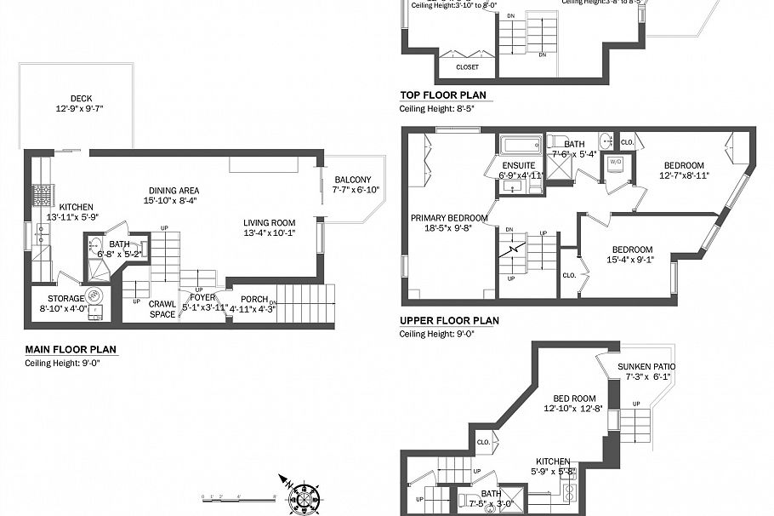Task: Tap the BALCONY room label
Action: pyautogui.click(x=352, y=179)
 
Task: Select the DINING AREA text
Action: pyautogui.click(x=174, y=190)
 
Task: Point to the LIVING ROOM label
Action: pyautogui.click(x=270, y=223)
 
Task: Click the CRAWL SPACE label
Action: pyautogui.click(x=162, y=309)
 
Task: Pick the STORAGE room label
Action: pyautogui.click(x=65, y=298)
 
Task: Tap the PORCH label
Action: pyautogui.click(x=254, y=298)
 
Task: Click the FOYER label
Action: pyautogui.click(x=202, y=297)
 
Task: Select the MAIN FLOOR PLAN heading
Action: pyautogui.click(x=70, y=349)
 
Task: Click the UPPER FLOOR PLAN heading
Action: pyautogui.click(x=449, y=321)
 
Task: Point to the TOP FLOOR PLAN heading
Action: pyautogui.click(x=442, y=95)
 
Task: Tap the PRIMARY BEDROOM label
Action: pyautogui.click(x=449, y=217)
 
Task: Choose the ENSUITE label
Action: pyautogui.click(x=518, y=165)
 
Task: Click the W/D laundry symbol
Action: pyautogui.click(x=616, y=162)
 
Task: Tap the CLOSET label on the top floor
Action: pyautogui.click(x=467, y=67)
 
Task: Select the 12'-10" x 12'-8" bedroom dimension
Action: pyautogui.click(x=575, y=408)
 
